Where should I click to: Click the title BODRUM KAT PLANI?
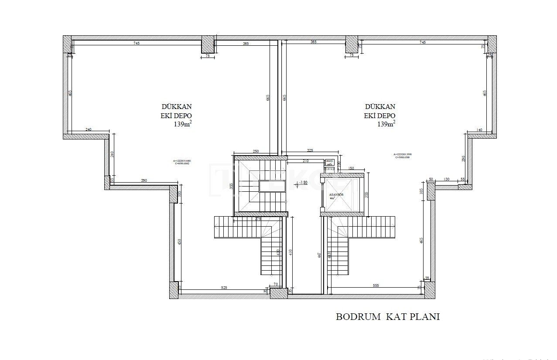pyautogui.click(x=387, y=317)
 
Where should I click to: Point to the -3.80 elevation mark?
pyautogui.click(x=302, y=183)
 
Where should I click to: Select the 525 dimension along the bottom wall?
pyautogui.click(x=224, y=288)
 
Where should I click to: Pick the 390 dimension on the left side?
pyautogui.click(x=144, y=180)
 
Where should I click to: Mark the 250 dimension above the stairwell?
pyautogui.click(x=256, y=151)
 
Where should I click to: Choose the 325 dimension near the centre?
pyautogui.click(x=310, y=150)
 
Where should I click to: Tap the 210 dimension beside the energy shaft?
pyautogui.click(x=305, y=161)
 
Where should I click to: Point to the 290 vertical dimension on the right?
pyautogui.click(x=463, y=159)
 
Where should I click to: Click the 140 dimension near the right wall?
pyautogui.click(x=479, y=130)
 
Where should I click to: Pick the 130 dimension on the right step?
pyautogui.click(x=447, y=180)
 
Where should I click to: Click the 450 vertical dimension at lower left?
pyautogui.click(x=180, y=242)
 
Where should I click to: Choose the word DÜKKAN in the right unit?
pyautogui.click(x=380, y=106)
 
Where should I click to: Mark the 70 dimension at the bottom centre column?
pyautogui.click(x=276, y=284)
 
